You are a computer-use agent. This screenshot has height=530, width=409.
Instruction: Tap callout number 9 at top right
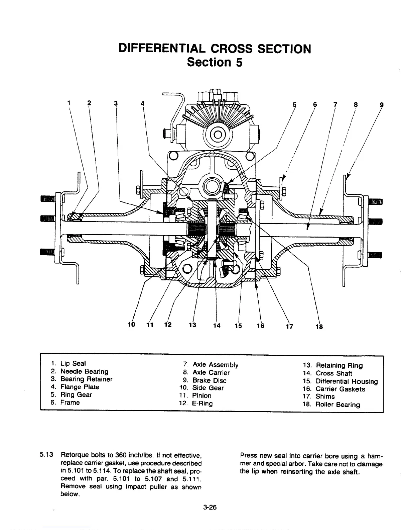(382, 104)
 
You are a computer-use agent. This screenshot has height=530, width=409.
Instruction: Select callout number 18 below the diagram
(319, 327)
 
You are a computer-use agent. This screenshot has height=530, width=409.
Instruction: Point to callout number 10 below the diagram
(131, 325)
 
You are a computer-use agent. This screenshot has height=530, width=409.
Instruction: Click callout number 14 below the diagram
(217, 326)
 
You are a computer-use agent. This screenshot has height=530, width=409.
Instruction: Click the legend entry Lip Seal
(73, 363)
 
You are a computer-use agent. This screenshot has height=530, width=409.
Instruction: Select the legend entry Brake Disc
(209, 380)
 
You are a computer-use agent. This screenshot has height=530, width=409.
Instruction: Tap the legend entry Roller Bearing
(338, 405)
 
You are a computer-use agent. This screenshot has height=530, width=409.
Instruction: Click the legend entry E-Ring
(202, 403)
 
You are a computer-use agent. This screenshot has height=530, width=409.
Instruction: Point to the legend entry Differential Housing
(347, 381)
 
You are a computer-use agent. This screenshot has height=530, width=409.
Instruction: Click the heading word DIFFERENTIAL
(162, 49)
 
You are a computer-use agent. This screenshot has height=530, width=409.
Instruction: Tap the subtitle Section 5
(214, 62)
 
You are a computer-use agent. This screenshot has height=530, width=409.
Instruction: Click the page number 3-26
(210, 507)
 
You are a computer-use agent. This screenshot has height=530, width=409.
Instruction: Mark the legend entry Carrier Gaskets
(340, 389)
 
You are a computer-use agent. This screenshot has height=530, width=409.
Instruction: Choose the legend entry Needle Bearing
(84, 371)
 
